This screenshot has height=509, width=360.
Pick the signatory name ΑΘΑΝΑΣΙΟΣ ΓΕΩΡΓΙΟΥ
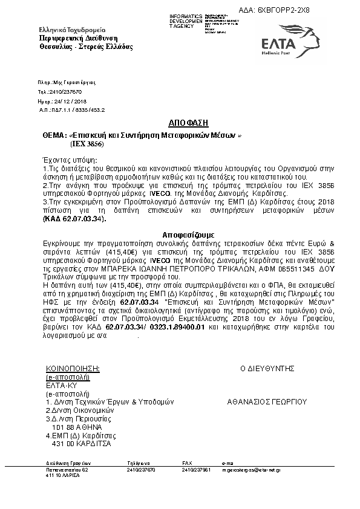pyautogui.click(x=267, y=401)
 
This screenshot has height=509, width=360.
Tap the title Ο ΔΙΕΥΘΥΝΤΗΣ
pyautogui.click(x=267, y=368)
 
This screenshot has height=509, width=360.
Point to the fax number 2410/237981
pyautogui.click(x=196, y=468)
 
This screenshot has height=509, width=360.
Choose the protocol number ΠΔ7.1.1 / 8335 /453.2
pyautogui.click(x=71, y=111)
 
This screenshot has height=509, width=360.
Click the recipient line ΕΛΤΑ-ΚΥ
pyautogui.click(x=60, y=384)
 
